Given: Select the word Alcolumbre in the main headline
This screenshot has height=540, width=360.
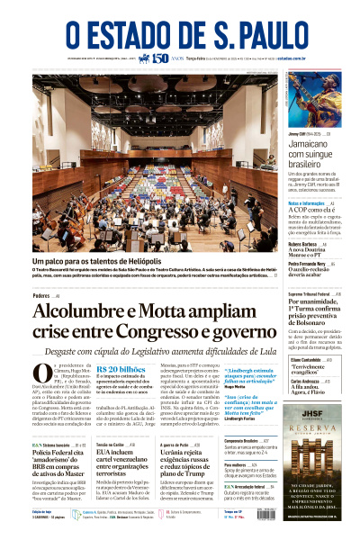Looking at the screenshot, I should [78, 311].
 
